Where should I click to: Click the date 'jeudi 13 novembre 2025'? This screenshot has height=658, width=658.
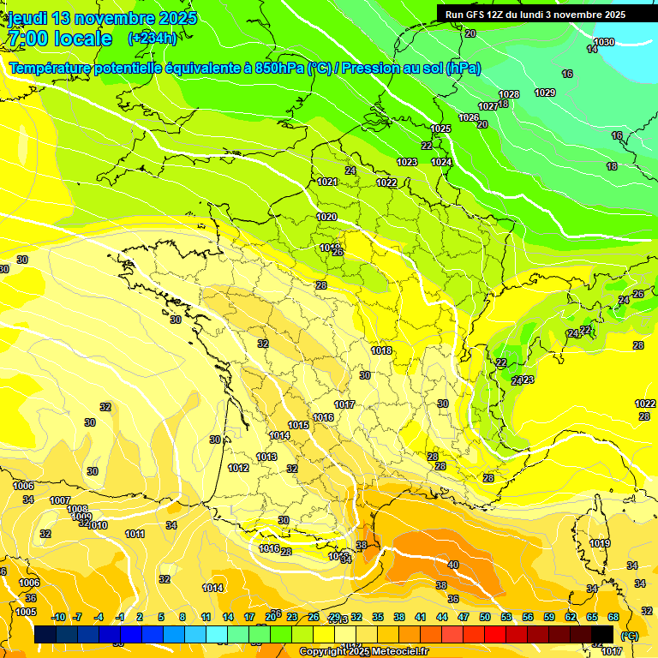point(103,18)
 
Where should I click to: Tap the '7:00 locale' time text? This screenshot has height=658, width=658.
point(59,39)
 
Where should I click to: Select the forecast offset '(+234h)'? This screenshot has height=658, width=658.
point(153,38)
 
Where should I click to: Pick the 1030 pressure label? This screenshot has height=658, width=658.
point(604,42)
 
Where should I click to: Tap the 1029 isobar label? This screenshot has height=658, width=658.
point(545,93)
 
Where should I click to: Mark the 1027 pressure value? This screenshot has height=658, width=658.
point(488,106)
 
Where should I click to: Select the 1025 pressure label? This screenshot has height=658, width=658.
point(440,129)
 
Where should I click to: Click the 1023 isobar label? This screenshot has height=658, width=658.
point(407,162)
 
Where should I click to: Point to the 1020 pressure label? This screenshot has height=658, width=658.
point(326,217)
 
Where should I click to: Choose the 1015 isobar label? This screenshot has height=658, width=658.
point(298,425)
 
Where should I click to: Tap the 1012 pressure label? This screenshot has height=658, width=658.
point(238,468)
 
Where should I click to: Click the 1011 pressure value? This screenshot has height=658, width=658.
point(135,534)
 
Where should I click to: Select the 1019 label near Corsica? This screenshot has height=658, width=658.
point(600,543)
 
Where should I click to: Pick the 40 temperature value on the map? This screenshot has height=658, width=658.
point(453,565)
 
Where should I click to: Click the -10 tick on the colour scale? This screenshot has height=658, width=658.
point(58,617)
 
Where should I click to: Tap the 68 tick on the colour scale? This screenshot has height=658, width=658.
point(613,617)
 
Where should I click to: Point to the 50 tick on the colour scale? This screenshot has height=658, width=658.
point(485,617)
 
